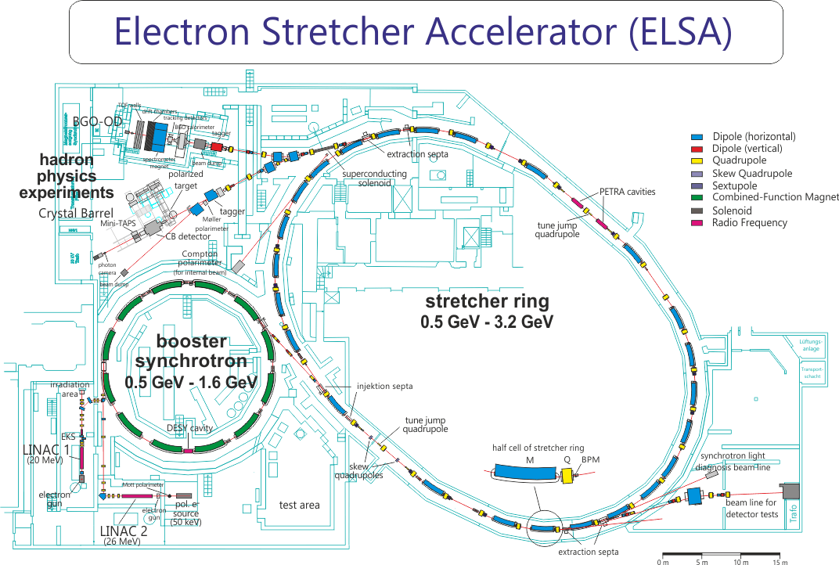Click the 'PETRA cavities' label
coord(627,192)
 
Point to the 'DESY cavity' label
coord(189,428)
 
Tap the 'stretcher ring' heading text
coord(487,301)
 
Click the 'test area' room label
coord(299,505)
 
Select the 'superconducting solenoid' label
coord(375,178)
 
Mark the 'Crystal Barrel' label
coord(75,213)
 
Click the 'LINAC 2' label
coord(124,531)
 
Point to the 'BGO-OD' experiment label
coord(97,122)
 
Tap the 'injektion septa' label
coord(384,387)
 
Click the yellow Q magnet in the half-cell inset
coord(567,475)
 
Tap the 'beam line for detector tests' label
coord(751,508)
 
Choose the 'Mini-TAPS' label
coord(119,224)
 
